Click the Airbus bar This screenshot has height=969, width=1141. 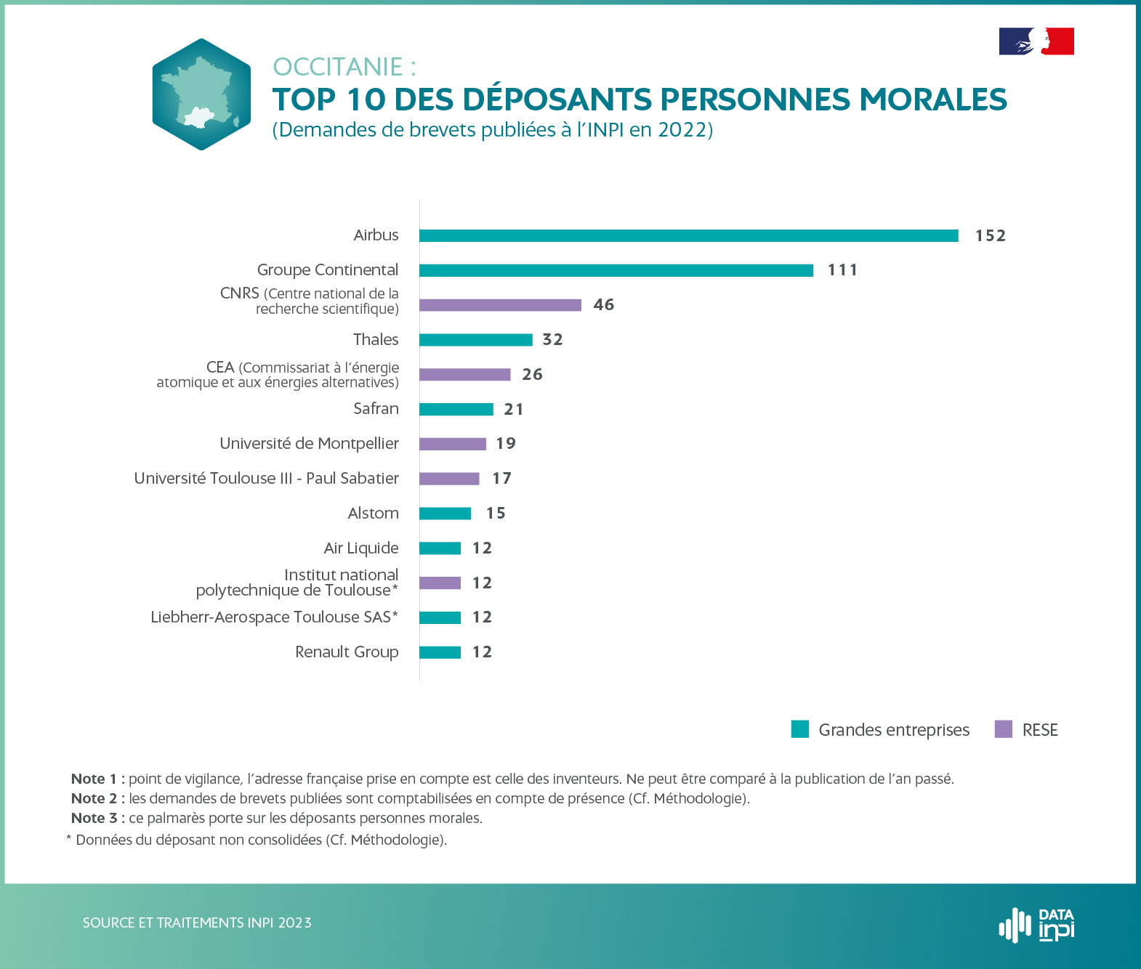pos(688,235)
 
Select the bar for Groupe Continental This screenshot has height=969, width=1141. pos(616,270)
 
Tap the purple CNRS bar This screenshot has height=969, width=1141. pos(500,305)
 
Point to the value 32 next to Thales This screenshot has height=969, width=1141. pos(552,340)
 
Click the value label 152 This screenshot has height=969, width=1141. pos(990,235)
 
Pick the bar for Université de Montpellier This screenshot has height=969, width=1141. pos(452,444)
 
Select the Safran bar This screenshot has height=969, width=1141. pos(456,410)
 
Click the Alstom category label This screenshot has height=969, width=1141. pos(373,514)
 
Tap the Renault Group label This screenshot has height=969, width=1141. pos(347,652)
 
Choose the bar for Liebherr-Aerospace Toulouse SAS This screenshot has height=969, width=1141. pos(440,617)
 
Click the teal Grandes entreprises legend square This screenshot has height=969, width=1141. pos(799,729)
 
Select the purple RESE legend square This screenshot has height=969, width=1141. pos(1003,729)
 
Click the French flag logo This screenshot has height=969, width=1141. pos(1036,41)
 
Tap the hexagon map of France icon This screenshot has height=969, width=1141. pos(201,94)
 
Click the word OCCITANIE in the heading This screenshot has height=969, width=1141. pos(337,67)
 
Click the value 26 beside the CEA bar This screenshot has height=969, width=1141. pos(532,375)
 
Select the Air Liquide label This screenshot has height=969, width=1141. pos(361,548)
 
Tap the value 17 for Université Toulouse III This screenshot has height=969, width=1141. pos(501,479)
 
